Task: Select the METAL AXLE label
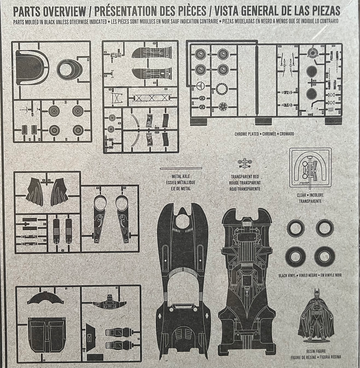tap(180, 177)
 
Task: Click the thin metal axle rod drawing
tap(181, 169)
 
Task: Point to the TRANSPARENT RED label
tap(245, 177)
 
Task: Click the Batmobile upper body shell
tap(183, 279)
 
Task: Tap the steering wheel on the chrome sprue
tap(201, 86)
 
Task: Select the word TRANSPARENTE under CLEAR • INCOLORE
tap(310, 201)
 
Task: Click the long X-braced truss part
tap(151, 98)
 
